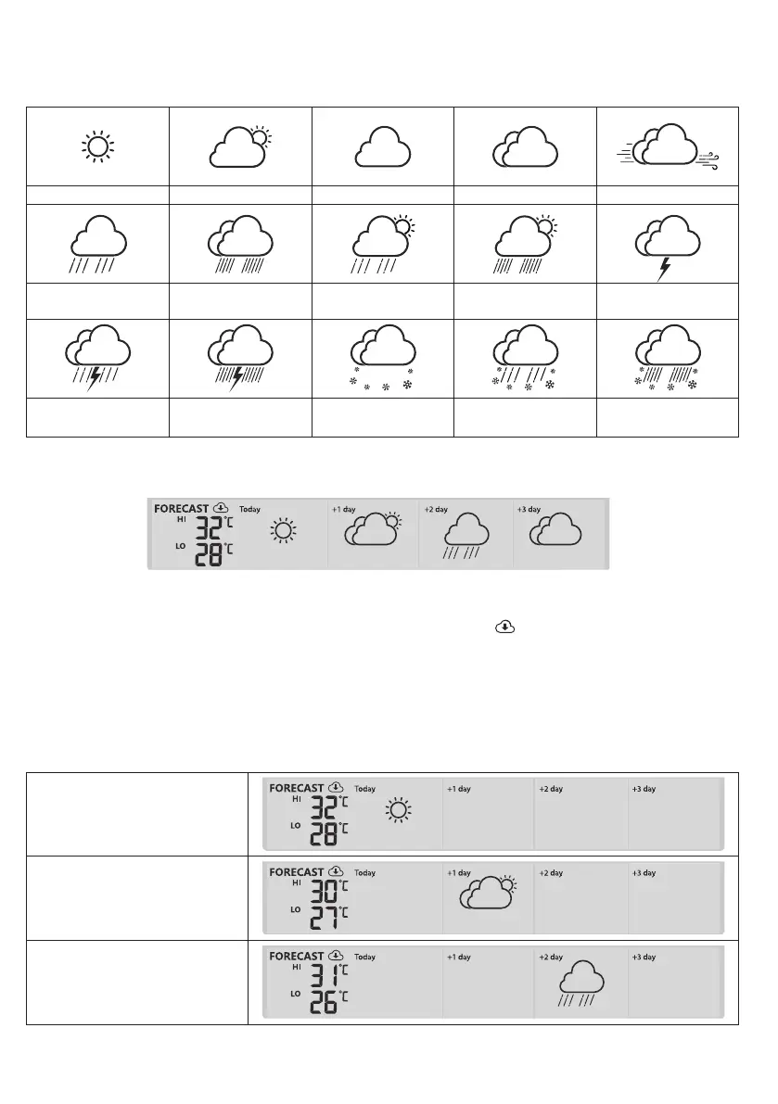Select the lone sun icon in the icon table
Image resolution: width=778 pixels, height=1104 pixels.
[x=97, y=147]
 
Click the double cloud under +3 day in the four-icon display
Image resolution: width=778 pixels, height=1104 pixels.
[x=556, y=532]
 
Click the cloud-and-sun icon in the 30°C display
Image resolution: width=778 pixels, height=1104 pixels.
[x=486, y=894]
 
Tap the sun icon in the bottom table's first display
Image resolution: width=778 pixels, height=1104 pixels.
[x=398, y=811]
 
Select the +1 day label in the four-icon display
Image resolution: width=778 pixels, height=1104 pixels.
[x=344, y=509]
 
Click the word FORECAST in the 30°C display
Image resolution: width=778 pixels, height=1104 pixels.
[x=297, y=872]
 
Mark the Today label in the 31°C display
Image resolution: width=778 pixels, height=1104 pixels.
[x=365, y=957]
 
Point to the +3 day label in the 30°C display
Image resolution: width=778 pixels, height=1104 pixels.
[x=644, y=873]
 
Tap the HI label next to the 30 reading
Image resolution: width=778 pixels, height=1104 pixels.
[x=297, y=883]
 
